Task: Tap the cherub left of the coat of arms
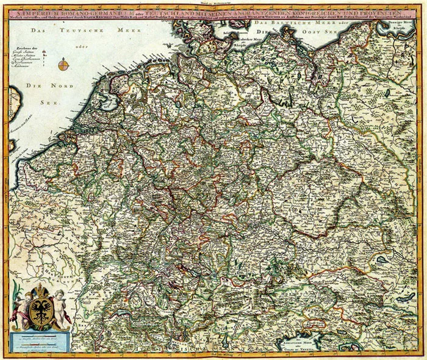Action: coord(21,304)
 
